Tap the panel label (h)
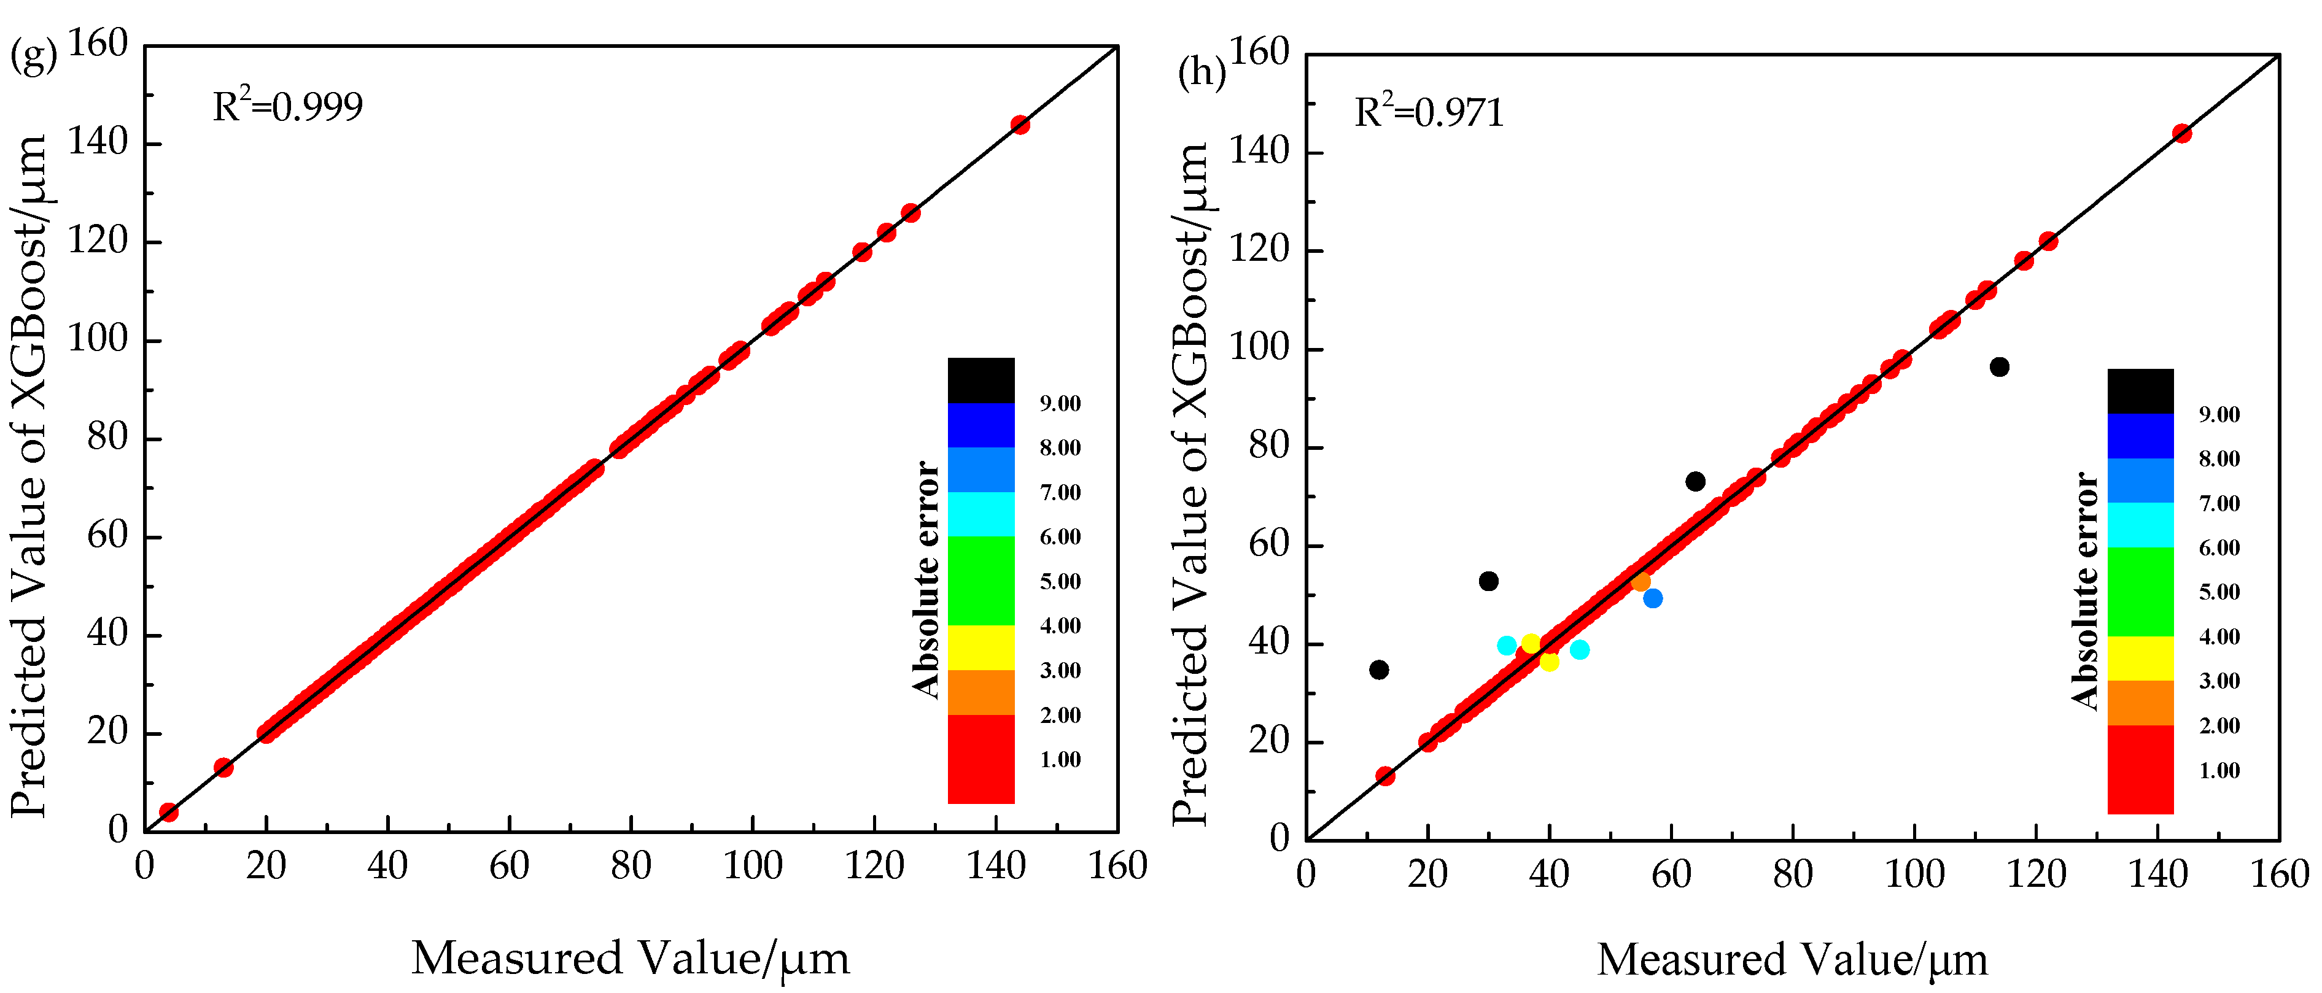[x=1202, y=72]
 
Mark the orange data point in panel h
[x=1641, y=582]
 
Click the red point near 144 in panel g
[x=1019, y=125]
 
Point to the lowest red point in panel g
[x=169, y=812]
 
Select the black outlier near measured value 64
[x=1695, y=481]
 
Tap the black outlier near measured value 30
[x=1488, y=581]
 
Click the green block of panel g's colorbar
[x=980, y=581]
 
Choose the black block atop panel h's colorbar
[x=2140, y=391]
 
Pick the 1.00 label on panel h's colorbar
[x=2219, y=770]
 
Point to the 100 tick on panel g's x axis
[x=753, y=867]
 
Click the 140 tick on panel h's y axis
[x=1260, y=152]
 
